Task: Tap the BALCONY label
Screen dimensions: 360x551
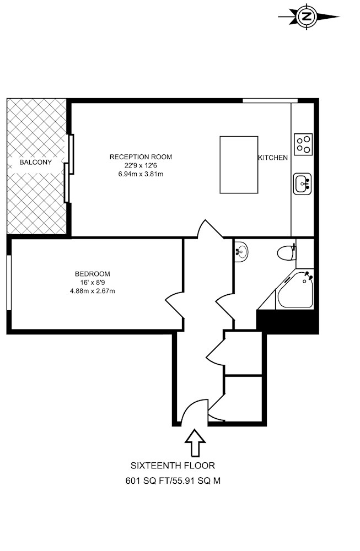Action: (35, 163)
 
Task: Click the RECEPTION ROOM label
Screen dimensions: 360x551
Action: (141, 157)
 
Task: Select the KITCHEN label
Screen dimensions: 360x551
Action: (273, 158)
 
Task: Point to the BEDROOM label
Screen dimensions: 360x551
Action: (93, 274)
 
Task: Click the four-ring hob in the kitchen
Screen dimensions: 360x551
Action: (303, 144)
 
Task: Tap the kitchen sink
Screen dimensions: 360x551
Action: (302, 183)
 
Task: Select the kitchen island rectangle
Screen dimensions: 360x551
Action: (239, 165)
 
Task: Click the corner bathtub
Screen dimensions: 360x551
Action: (294, 289)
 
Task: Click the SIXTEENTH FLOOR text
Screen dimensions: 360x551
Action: (173, 466)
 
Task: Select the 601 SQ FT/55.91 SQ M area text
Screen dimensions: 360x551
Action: (173, 480)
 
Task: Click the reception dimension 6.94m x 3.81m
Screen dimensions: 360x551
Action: (141, 174)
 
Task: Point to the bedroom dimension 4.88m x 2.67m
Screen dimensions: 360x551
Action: (93, 291)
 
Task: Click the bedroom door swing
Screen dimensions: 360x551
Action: (175, 305)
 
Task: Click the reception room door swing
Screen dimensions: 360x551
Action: (210, 229)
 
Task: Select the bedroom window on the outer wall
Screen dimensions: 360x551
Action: (9, 283)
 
